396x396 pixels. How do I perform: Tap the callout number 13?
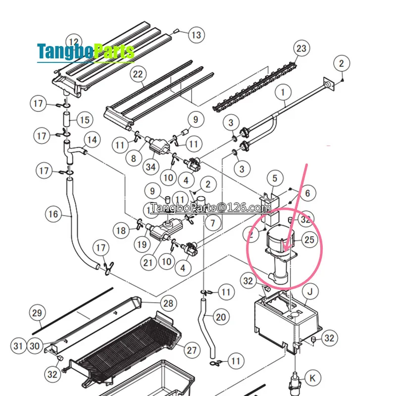click(196, 35)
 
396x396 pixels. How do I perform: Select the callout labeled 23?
click(301, 49)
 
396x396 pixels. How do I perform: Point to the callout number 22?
click(138, 75)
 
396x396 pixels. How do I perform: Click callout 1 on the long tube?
click(283, 92)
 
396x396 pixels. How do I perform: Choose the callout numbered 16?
click(53, 214)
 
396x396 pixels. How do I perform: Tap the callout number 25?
click(309, 240)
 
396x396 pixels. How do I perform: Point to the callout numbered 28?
click(168, 303)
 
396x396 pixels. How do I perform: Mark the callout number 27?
click(192, 350)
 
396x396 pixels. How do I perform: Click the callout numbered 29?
click(38, 313)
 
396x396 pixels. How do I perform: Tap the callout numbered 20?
click(221, 317)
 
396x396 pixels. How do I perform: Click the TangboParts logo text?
click(86, 51)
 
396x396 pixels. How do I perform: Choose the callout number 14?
click(91, 140)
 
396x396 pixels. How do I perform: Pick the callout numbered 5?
click(275, 177)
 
